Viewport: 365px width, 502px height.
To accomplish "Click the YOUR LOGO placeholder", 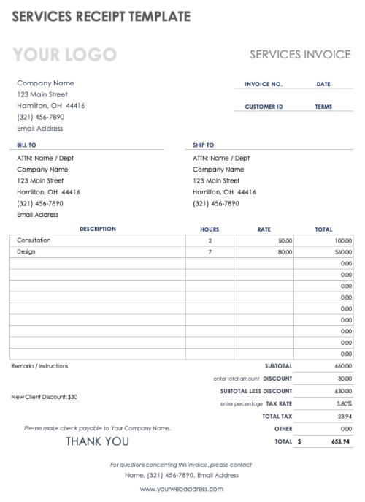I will coord(65,54).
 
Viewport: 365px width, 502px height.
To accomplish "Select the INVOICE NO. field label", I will coord(263,84).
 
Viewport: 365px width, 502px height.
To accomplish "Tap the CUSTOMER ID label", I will coord(264,107).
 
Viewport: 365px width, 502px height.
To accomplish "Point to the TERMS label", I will coord(323,107).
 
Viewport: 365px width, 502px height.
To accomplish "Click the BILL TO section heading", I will coord(26,145).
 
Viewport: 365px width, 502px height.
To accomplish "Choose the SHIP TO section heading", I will coord(203,145).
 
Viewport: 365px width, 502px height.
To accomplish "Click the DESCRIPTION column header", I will coord(97,229).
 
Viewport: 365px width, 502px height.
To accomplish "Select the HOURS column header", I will coord(210,229).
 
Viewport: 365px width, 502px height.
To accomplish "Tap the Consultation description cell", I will coord(34,240).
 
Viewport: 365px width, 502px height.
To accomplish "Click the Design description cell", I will coord(26,251).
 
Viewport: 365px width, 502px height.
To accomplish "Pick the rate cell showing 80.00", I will coord(285,252).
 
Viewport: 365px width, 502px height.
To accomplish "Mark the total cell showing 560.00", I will coord(343,252).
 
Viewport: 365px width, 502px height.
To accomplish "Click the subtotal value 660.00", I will coord(343,366).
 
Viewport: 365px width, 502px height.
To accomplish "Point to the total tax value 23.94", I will coord(345,416).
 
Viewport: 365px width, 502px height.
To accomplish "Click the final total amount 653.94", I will coord(340,441).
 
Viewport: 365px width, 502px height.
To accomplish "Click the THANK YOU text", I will coord(98,441).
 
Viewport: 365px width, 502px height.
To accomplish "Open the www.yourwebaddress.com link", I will coord(181,489).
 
